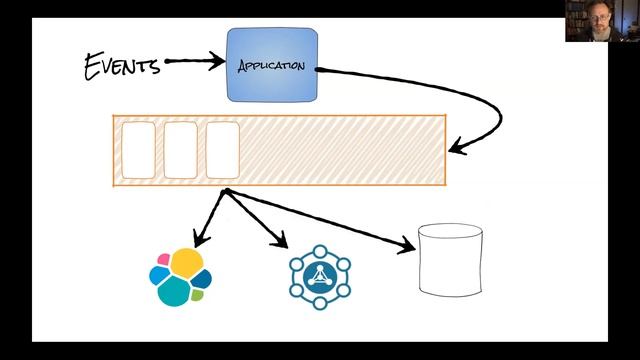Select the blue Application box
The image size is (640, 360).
pos(272,65)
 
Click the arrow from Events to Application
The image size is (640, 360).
pos(195,62)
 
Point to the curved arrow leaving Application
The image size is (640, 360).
pos(470,95)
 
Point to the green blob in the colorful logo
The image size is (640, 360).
pos(198,295)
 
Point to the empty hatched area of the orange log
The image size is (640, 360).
pos(340,150)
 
